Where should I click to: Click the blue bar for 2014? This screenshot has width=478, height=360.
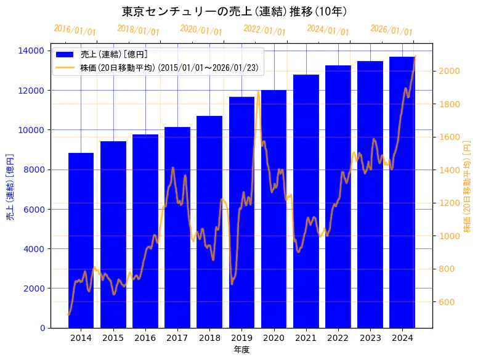pos(81,240)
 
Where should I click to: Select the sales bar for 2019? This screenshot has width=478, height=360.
pos(241,212)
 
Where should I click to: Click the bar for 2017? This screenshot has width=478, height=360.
pos(177,227)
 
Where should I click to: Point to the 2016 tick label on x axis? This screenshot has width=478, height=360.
pos(145,338)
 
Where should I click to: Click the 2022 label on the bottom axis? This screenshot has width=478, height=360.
pos(338,338)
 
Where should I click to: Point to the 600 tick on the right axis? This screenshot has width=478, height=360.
pos(445,302)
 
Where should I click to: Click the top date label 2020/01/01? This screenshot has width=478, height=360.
pos(201,30)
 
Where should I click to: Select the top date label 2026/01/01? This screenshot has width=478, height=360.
pos(391,30)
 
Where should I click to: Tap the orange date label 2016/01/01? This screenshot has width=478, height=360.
pos(75,30)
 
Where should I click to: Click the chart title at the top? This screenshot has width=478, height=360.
pos(234,11)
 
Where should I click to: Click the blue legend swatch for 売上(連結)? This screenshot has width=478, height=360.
pos(64,54)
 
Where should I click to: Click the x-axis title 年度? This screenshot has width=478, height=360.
pos(241,350)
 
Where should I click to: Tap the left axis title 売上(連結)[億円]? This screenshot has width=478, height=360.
pos(10,187)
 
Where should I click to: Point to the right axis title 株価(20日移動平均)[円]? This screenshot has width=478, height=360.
pos(467,187)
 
